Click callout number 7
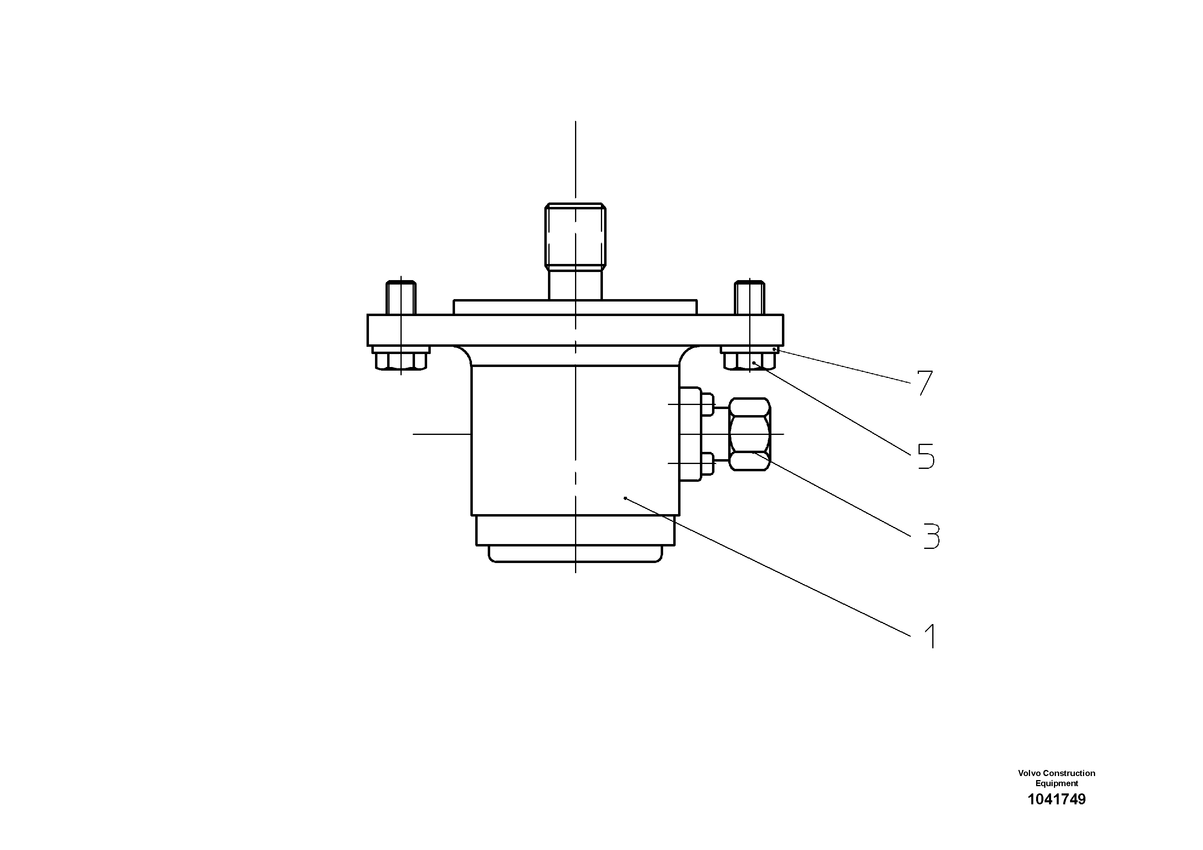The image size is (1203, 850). tap(925, 383)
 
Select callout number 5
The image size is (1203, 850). tap(926, 456)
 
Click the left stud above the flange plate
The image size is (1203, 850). tap(401, 297)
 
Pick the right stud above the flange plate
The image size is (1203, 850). tap(750, 297)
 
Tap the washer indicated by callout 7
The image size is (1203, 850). tap(750, 349)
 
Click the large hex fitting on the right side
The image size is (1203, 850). tap(750, 434)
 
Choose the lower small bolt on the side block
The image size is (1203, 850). tap(706, 463)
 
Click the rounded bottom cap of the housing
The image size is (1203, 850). tap(575, 554)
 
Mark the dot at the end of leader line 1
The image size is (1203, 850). tap(625, 498)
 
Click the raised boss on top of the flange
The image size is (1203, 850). tap(575, 307)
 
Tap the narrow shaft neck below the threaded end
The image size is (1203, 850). tap(575, 284)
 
